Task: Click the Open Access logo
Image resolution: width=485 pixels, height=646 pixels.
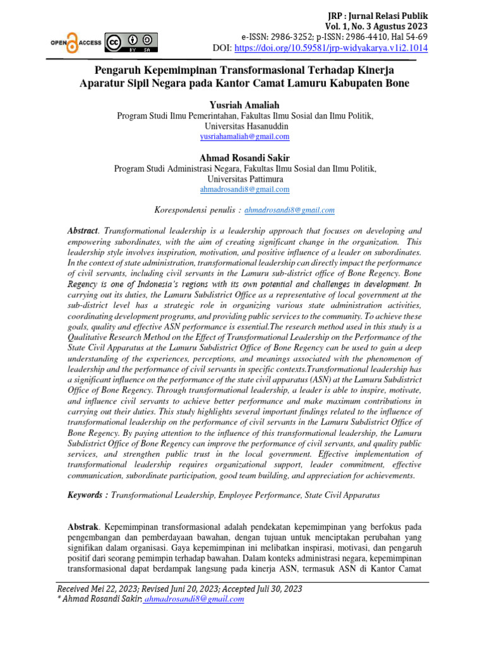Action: [76, 42]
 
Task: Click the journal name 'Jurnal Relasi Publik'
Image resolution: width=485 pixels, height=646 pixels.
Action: [390, 15]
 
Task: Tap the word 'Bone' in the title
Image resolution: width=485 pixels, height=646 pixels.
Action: [395, 83]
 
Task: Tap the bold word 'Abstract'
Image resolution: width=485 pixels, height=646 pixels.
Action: [83, 232]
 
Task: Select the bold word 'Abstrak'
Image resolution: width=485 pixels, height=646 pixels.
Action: [83, 526]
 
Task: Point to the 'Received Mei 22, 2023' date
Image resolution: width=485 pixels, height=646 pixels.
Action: [98, 589]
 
